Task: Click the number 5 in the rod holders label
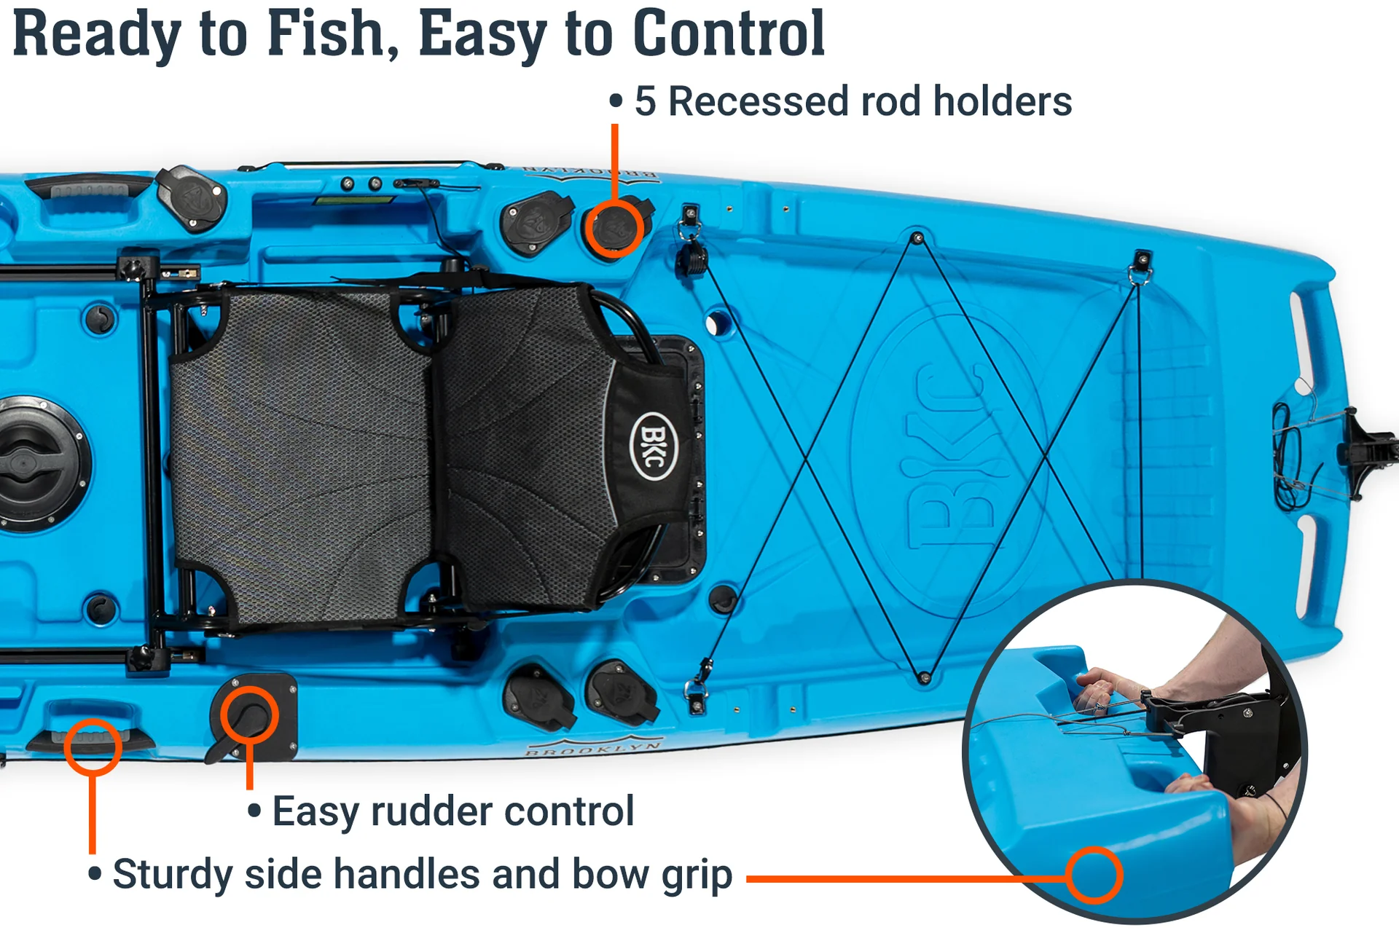coord(646,101)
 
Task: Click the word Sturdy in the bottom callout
coord(173,875)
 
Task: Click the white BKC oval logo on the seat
coord(653,446)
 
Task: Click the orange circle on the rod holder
coord(614,228)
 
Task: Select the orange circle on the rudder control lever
coord(249,714)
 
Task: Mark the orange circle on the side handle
coord(93,747)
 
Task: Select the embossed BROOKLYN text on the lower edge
coord(594,748)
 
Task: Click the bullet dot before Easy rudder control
coord(254,811)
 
